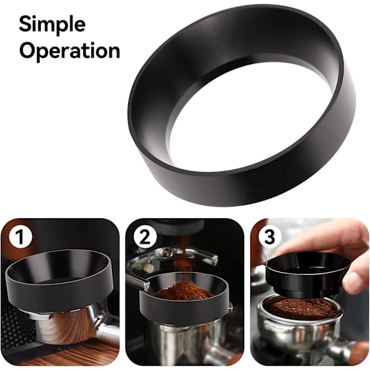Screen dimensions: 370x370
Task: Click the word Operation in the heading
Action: click(x=70, y=51)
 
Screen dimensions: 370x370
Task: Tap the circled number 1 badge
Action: click(x=20, y=237)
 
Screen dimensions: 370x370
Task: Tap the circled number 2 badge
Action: click(x=145, y=237)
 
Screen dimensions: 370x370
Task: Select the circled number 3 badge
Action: click(x=269, y=237)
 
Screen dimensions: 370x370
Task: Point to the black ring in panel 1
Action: click(x=59, y=292)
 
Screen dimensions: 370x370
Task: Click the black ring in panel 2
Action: click(x=184, y=306)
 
